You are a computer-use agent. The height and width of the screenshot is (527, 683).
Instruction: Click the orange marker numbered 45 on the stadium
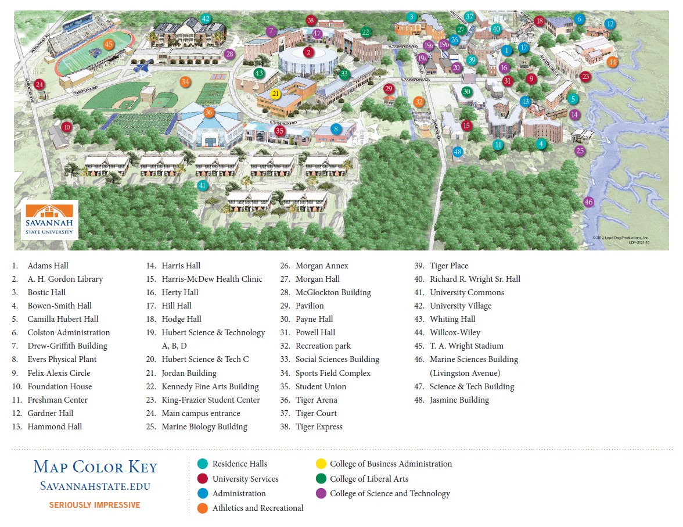tap(109, 44)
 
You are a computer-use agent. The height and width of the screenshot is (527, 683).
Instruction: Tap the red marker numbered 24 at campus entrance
tap(39, 84)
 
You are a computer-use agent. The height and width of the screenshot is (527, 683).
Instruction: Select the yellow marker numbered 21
tap(276, 94)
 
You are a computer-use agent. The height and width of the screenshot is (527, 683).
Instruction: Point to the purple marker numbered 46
tap(588, 202)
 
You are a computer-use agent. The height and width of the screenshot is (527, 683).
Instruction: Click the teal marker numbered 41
tap(202, 185)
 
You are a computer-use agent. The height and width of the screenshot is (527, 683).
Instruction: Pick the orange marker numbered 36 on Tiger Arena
tap(209, 112)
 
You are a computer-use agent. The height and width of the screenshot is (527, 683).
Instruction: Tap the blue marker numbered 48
tap(458, 152)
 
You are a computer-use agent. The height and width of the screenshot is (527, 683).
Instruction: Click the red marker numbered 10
tap(66, 127)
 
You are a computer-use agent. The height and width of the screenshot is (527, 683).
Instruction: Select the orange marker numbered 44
tap(612, 62)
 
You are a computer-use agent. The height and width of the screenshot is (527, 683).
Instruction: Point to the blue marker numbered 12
tap(609, 24)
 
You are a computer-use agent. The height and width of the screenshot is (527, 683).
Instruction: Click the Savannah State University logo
tap(50, 220)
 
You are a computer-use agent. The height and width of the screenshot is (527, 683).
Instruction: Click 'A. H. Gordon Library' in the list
tap(65, 279)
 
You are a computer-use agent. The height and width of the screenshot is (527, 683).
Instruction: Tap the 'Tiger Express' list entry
tap(319, 426)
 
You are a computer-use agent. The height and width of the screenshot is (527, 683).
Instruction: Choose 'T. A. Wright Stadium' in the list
tap(466, 346)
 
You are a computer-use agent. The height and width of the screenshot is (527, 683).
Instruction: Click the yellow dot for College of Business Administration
tap(321, 464)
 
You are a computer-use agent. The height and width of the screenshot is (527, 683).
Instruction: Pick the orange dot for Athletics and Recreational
tap(203, 508)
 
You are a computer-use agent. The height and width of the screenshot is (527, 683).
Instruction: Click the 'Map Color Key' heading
tap(95, 467)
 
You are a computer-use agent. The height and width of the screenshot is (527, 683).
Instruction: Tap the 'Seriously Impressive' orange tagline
tap(95, 505)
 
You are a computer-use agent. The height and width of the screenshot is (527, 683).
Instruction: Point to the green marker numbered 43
tap(259, 73)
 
